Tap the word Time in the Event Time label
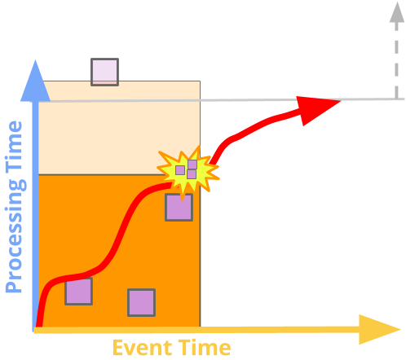[206, 348]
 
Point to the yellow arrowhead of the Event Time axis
[379, 329]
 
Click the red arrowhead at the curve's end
[316, 108]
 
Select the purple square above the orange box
[104, 72]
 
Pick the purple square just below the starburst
[179, 207]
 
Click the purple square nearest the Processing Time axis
[78, 291]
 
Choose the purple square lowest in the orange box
[141, 302]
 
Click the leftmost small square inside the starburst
[180, 170]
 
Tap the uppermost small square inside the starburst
[192, 165]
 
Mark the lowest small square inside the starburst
[192, 174]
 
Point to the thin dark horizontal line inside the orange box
[98, 174]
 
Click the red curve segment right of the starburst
[245, 134]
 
